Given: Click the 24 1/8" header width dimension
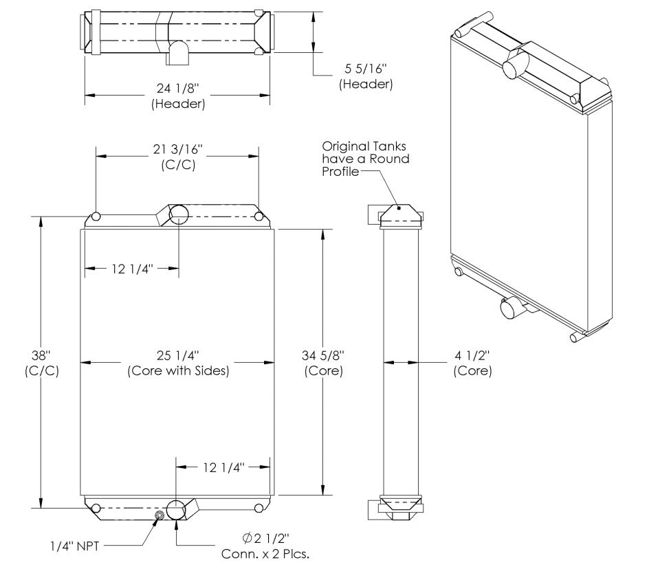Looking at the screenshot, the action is click(x=178, y=96).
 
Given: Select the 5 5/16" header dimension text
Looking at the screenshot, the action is click(x=366, y=76).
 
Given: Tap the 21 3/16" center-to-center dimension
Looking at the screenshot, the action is click(x=178, y=157).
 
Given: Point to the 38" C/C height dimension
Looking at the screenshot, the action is click(x=42, y=363).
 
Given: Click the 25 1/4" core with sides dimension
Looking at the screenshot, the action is click(x=178, y=363).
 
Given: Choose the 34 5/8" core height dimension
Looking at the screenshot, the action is click(x=323, y=363).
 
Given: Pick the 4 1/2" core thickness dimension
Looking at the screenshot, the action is click(x=472, y=363).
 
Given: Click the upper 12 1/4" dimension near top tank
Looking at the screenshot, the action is click(x=132, y=269).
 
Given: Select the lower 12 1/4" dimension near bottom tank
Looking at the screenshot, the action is click(x=223, y=467).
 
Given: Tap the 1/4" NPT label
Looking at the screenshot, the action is click(x=74, y=546).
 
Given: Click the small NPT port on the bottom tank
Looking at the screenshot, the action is click(x=159, y=516).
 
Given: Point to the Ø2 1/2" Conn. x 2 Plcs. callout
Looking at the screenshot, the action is click(x=265, y=546).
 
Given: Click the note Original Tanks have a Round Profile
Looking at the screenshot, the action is click(x=365, y=159).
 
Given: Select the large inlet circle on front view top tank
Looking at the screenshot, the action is click(x=179, y=215).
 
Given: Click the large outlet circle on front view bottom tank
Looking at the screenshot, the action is click(x=176, y=511).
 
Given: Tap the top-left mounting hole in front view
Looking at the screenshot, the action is click(x=96, y=216).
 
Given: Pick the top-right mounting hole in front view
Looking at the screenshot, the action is click(x=259, y=216).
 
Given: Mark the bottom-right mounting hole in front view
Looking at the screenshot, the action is click(x=259, y=509).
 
